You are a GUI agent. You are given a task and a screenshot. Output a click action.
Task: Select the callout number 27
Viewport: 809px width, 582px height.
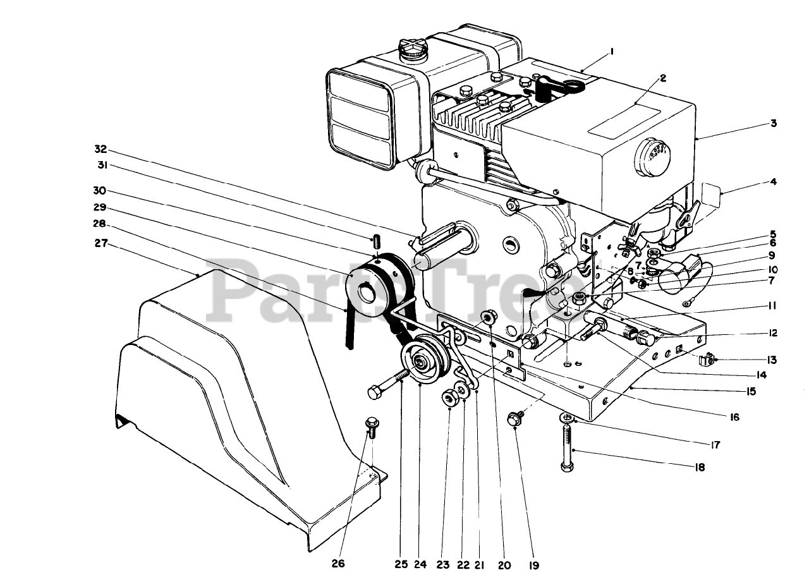pyautogui.click(x=102, y=242)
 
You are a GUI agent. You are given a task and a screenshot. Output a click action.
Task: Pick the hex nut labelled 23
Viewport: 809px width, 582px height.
pyautogui.click(x=450, y=397)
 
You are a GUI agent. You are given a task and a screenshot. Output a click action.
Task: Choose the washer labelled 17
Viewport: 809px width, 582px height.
pyautogui.click(x=568, y=418)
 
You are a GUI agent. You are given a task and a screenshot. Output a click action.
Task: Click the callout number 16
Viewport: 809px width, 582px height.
pyautogui.click(x=733, y=417)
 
